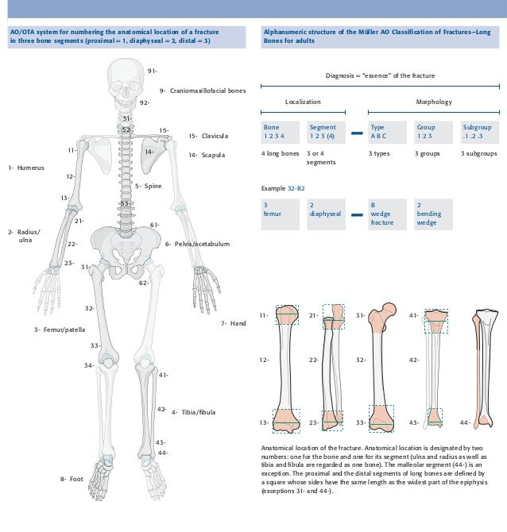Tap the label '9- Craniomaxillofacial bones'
coord(203,91)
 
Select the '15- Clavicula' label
coord(208,136)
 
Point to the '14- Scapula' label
coord(206,155)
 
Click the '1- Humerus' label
coord(26,168)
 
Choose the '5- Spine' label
coord(148,186)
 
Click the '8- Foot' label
coord(71,479)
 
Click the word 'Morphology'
coord(433,102)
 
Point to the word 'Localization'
coord(303,102)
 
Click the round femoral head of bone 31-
coord(389,309)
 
